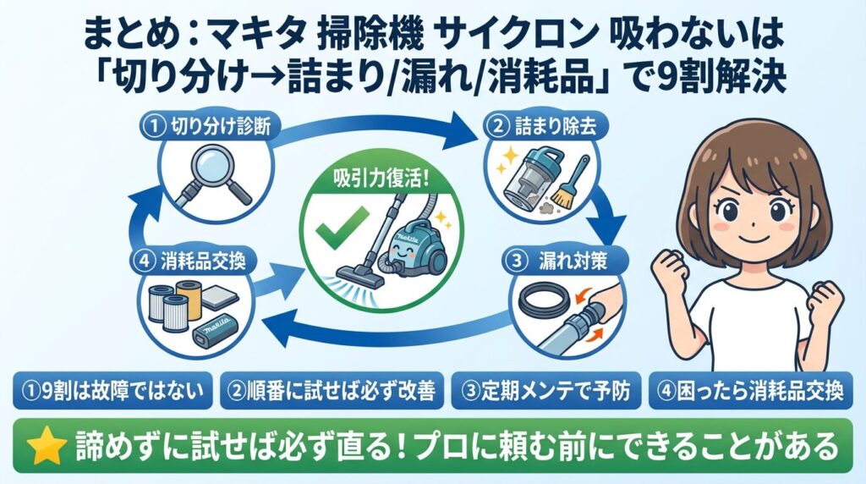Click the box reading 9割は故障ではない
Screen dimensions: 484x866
click(113, 391)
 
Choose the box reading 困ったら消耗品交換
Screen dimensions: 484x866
click(755, 391)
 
